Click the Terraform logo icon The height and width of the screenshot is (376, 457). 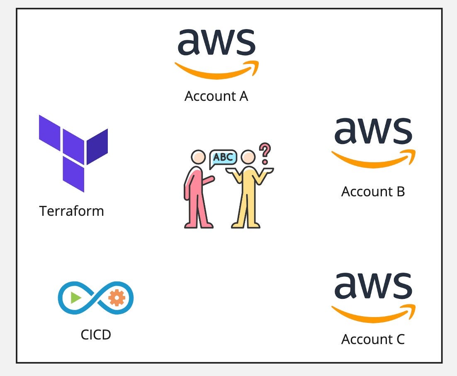pos(73,153)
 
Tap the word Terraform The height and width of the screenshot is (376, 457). pos(71,211)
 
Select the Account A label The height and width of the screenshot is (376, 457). pos(216,96)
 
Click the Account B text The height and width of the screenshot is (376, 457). pos(373,191)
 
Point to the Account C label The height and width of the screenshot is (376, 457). pos(373,339)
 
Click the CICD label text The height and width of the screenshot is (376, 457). pos(96,334)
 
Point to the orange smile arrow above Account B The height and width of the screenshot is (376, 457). pos(373,159)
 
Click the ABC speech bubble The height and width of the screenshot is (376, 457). pos(223,158)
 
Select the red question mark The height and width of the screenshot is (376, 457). pos(265,153)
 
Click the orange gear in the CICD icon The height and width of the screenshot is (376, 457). pos(117,298)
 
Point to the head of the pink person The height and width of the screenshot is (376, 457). pos(198,157)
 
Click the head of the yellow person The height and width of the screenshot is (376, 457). pos(248,158)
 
